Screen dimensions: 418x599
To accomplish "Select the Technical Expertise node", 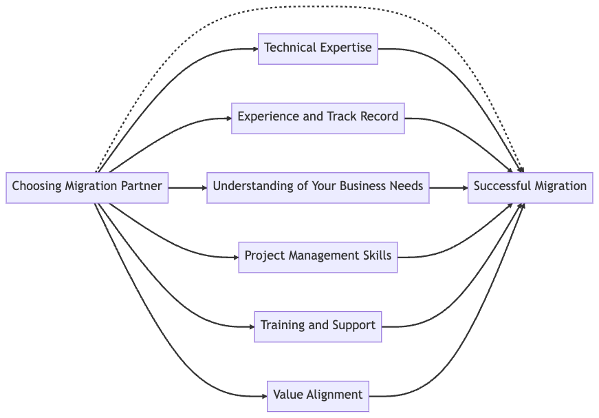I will (x=318, y=49).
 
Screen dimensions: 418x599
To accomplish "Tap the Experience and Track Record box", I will (x=318, y=118).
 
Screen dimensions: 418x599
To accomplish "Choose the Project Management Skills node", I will (x=318, y=257).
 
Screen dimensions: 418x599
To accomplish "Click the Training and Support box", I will (x=318, y=326).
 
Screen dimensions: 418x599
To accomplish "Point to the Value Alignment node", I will (x=318, y=396).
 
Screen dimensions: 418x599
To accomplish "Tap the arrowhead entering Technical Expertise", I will (x=254, y=49).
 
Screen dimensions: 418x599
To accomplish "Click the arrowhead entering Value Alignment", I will (x=263, y=396).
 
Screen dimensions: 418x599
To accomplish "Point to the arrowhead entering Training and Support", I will (x=251, y=326).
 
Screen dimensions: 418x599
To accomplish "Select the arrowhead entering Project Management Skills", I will (x=235, y=257).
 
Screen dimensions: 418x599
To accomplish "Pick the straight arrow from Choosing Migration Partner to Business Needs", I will (x=186, y=187).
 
